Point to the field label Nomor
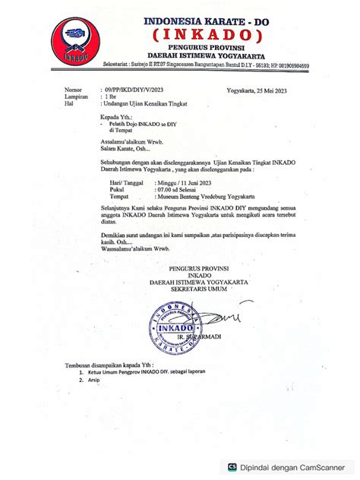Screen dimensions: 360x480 [x=72, y=89]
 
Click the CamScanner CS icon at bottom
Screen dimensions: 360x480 [x=232, y=468]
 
